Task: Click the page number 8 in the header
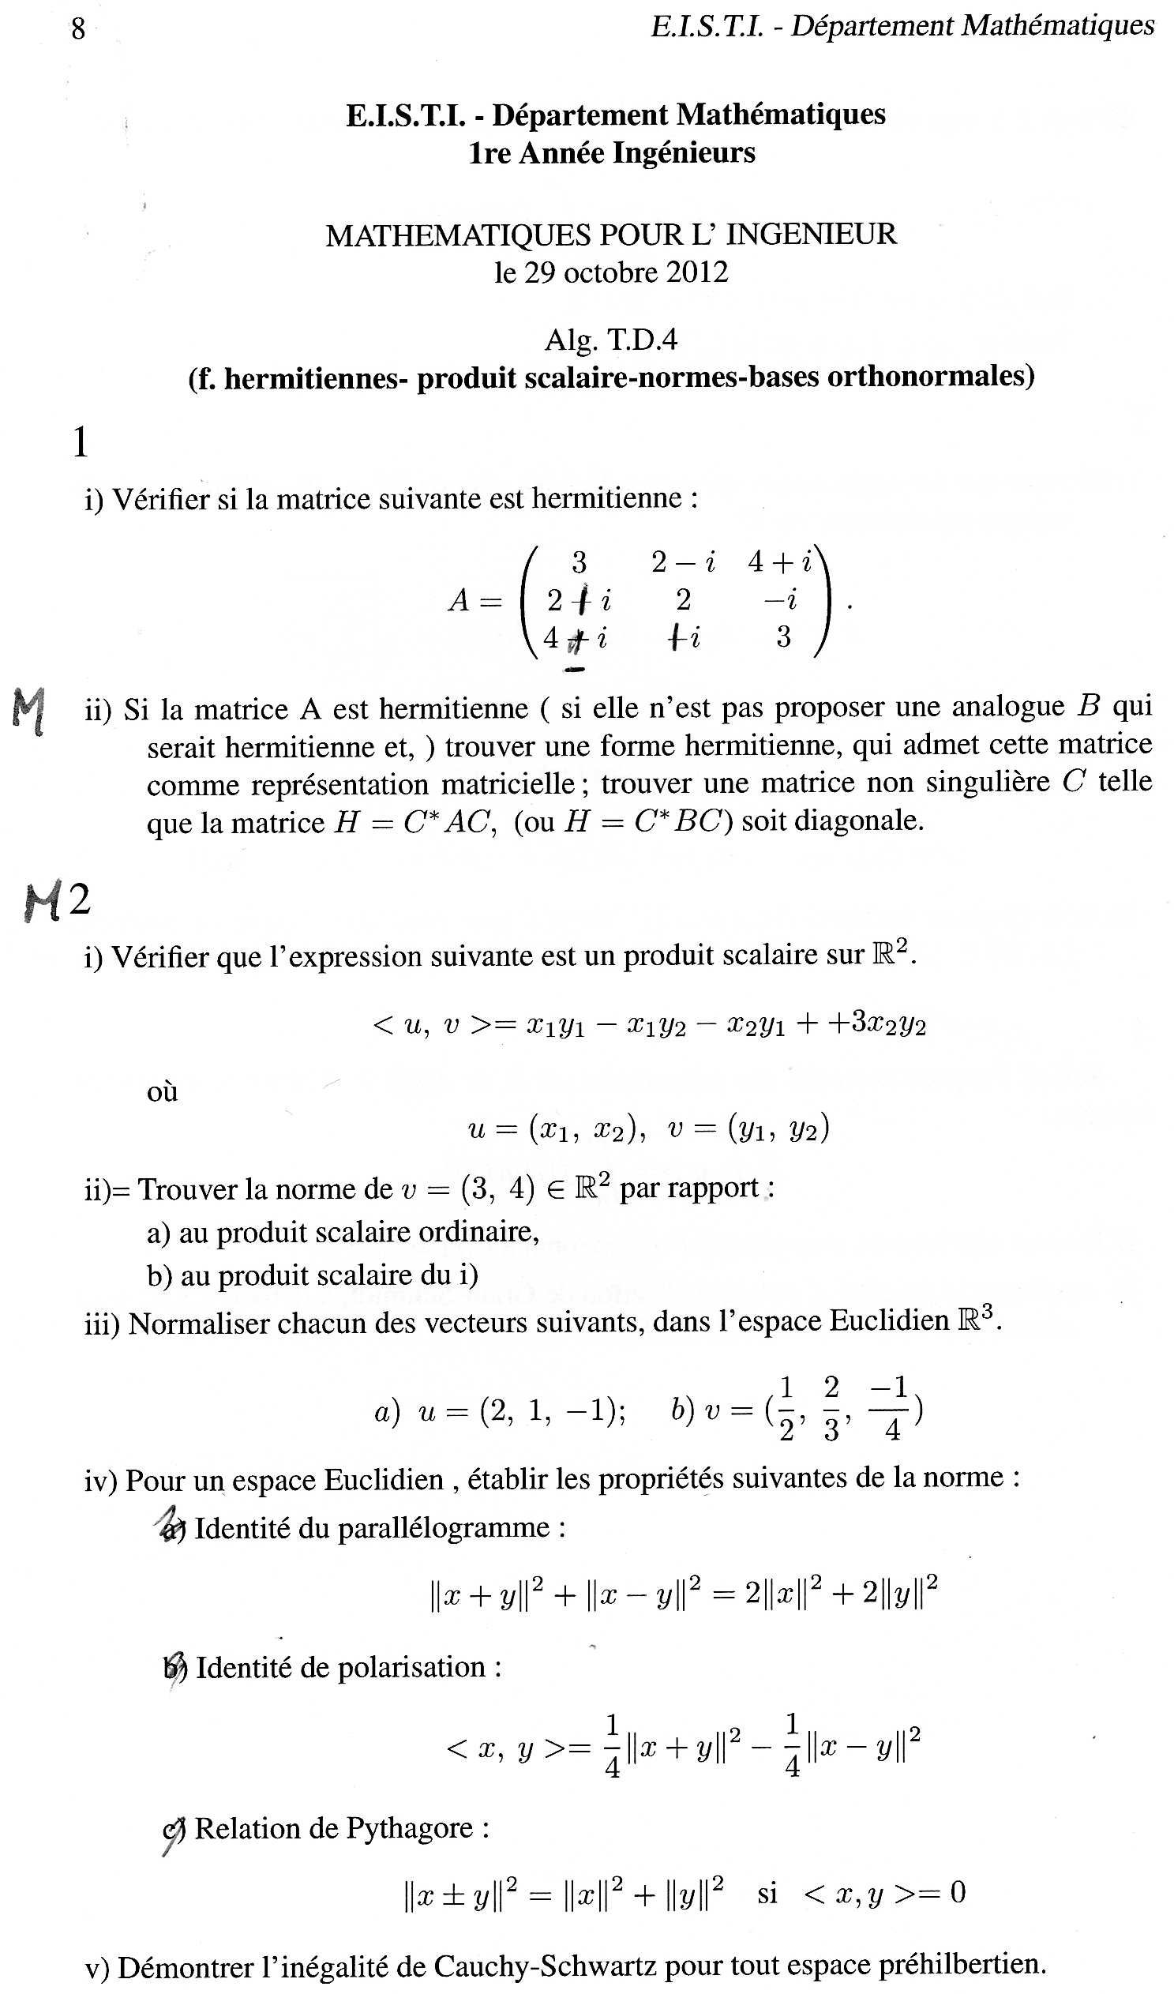[77, 29]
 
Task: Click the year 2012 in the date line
[696, 273]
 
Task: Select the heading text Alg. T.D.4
[611, 340]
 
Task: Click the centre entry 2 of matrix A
[683, 601]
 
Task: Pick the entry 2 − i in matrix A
[683, 562]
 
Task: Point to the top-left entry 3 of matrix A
[579, 562]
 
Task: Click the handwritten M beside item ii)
[29, 711]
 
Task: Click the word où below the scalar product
[162, 1092]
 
